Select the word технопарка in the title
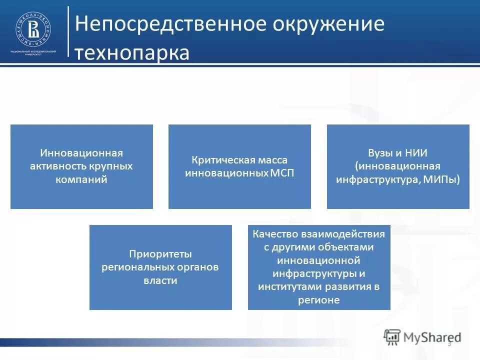[132, 52]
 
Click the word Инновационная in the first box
[81, 153]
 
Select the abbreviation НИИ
[415, 153]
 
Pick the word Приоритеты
[160, 254]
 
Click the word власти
[160, 280]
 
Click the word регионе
[319, 300]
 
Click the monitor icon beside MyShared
[392, 337]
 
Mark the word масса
[274, 160]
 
